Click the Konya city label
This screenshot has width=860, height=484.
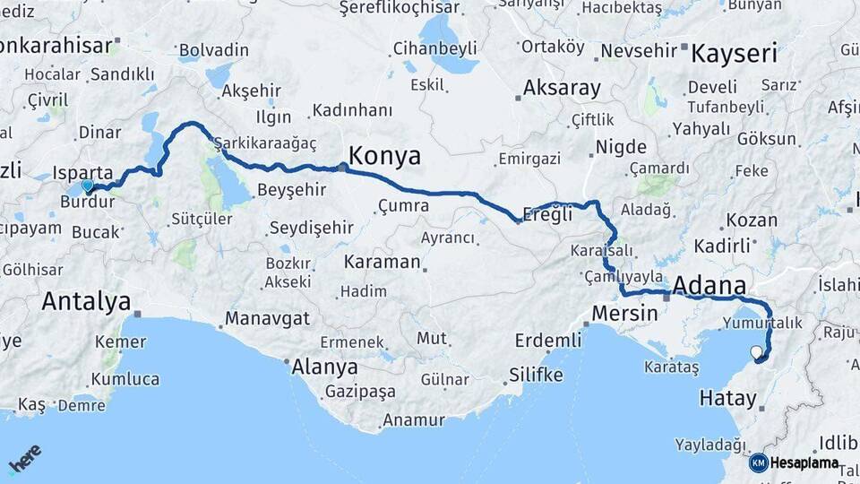(384, 156)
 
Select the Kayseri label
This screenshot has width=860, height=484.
(734, 53)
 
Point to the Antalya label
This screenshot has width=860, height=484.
(86, 302)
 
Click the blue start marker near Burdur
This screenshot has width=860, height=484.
(87, 186)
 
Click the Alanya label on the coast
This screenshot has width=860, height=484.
(325, 367)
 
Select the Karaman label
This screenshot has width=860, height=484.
(383, 263)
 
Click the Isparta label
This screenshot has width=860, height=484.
(82, 172)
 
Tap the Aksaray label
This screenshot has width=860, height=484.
(562, 88)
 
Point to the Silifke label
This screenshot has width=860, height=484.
(536, 375)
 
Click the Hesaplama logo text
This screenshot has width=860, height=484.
(804, 463)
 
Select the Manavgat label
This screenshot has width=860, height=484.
(268, 319)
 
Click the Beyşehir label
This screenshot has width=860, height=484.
(291, 190)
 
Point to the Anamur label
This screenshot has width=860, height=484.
(413, 420)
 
